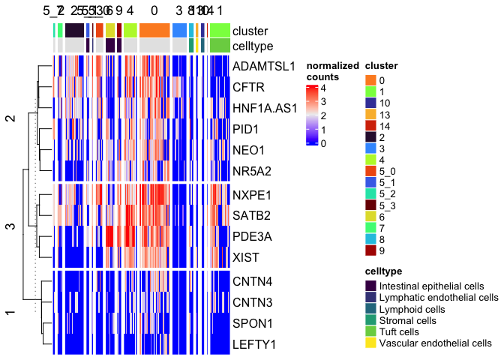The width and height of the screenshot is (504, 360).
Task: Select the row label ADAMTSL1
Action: coord(265,65)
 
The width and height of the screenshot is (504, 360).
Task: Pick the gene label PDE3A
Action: coord(251,237)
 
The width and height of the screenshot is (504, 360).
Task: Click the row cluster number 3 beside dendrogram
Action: coord(10,226)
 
